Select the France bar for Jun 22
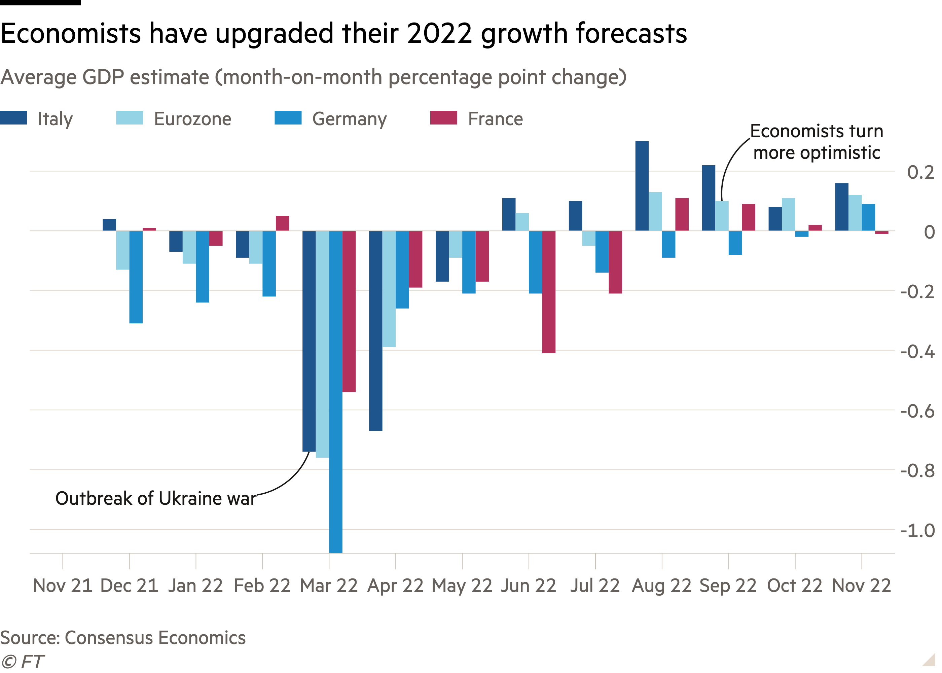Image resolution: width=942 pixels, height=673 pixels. coord(549,292)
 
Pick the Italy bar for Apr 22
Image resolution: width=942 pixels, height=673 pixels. coord(376,331)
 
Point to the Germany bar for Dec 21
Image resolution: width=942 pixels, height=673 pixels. coord(136,277)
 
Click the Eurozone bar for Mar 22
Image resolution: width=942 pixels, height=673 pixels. coord(322,344)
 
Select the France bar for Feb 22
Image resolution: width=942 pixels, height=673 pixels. coord(283,223)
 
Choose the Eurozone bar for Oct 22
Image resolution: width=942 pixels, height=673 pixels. coord(788,214)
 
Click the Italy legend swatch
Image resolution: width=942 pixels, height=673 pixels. coord(14,118)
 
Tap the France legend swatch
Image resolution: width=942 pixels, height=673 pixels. coord(444,118)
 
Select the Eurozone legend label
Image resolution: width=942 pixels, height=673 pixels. coord(193,119)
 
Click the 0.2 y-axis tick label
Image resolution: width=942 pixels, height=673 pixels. coord(920,172)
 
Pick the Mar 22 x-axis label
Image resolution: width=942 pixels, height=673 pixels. coord(329,586)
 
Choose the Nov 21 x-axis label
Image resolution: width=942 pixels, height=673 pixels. coord(63,586)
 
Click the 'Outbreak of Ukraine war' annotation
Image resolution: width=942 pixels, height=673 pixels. coord(156,498)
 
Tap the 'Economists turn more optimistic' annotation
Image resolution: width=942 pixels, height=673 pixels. coord(817,142)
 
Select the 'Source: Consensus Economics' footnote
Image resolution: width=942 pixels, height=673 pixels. coord(123,638)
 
